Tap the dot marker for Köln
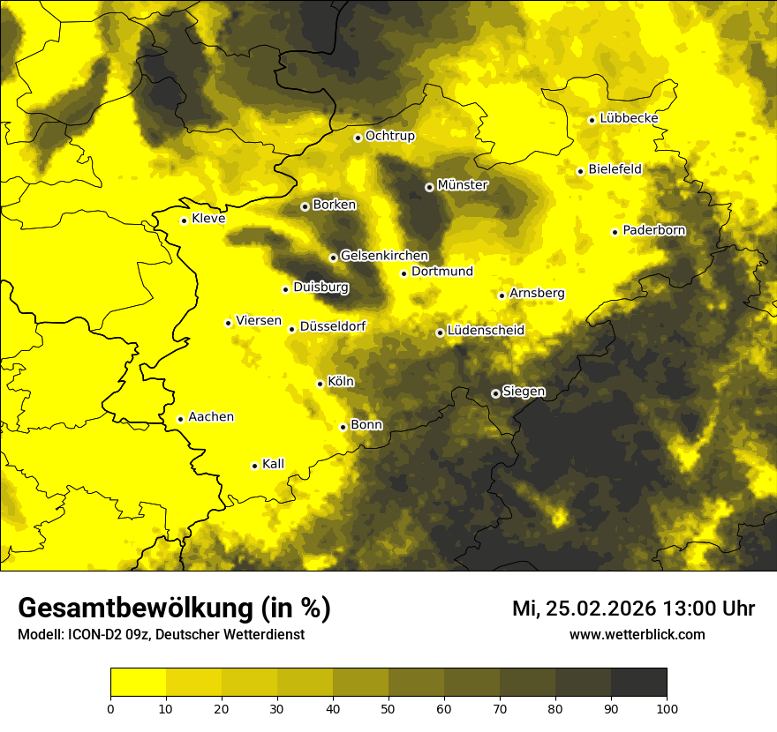point(320,384)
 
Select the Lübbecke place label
point(629,118)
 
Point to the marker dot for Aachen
point(180,419)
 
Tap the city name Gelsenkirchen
point(384,256)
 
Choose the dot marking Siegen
point(495,393)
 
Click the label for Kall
point(273,464)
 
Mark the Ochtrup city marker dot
point(358,138)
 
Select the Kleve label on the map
point(208,219)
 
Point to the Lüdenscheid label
point(486,331)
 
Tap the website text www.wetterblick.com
point(637,634)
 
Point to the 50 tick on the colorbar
point(388,707)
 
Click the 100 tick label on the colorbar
point(667,707)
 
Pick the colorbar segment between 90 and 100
point(638,683)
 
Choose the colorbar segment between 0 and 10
point(138,683)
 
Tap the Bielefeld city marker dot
point(580,171)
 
